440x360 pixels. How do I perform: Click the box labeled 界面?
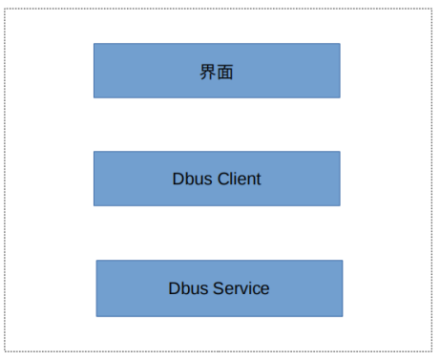coord(217,71)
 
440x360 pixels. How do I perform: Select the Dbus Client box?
coord(217,179)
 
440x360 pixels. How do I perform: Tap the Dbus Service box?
coord(219,287)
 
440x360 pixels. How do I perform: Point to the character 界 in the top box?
coord(208,72)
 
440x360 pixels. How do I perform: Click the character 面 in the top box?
coord(225,72)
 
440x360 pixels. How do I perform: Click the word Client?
coord(239,179)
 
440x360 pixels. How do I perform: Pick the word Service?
coord(241,287)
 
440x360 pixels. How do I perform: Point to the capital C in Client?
coord(222,179)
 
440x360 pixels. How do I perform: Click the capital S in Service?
coord(219,287)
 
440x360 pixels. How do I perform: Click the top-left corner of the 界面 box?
coord(94,43)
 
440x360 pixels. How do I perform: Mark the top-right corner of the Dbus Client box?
coord(340,152)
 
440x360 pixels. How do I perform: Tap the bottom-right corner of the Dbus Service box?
coord(343,316)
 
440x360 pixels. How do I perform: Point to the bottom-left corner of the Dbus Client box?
coord(94,205)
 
